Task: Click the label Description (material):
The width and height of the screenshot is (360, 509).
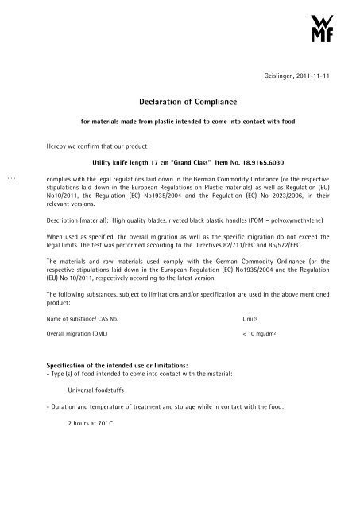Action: (83, 219)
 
